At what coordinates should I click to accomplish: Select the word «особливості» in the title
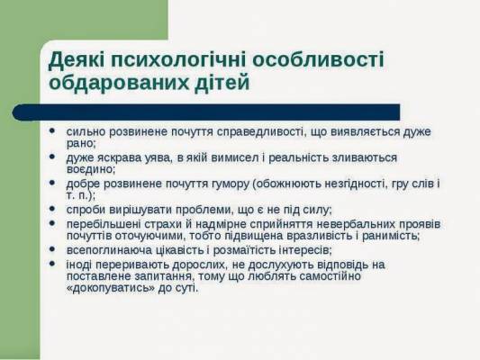pos(318,59)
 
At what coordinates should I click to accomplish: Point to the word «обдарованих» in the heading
pos(119,82)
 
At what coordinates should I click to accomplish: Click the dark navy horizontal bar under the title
pos(206,112)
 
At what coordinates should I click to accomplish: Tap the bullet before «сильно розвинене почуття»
pos(52,130)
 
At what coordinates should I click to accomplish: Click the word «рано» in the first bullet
pos(81,143)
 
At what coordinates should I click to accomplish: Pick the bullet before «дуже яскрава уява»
pos(52,157)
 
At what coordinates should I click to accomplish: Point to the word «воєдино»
pos(91,169)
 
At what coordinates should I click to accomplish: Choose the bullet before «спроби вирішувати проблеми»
pos(52,209)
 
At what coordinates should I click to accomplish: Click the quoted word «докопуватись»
pos(110,288)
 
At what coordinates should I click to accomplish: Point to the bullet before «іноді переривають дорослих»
pos(52,264)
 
